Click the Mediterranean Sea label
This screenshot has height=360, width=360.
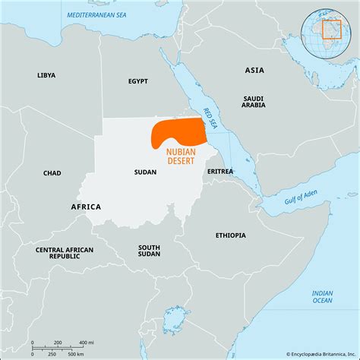(x=96, y=15)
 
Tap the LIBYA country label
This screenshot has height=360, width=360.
(x=47, y=75)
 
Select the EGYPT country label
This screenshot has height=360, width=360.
(x=137, y=81)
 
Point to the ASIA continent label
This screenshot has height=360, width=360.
(x=254, y=70)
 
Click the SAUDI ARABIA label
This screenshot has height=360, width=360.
(x=254, y=103)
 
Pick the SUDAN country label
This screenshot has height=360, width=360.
(x=144, y=172)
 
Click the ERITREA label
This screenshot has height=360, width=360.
(x=220, y=172)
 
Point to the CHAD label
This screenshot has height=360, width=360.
(x=52, y=173)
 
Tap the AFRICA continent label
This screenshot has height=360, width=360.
(x=86, y=207)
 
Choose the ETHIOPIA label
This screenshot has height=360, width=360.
(x=231, y=235)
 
